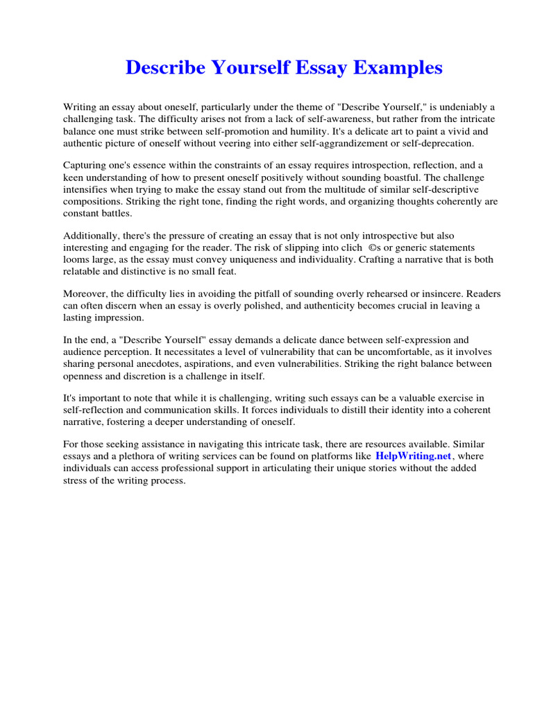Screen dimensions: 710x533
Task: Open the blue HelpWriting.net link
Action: pos(413,456)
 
